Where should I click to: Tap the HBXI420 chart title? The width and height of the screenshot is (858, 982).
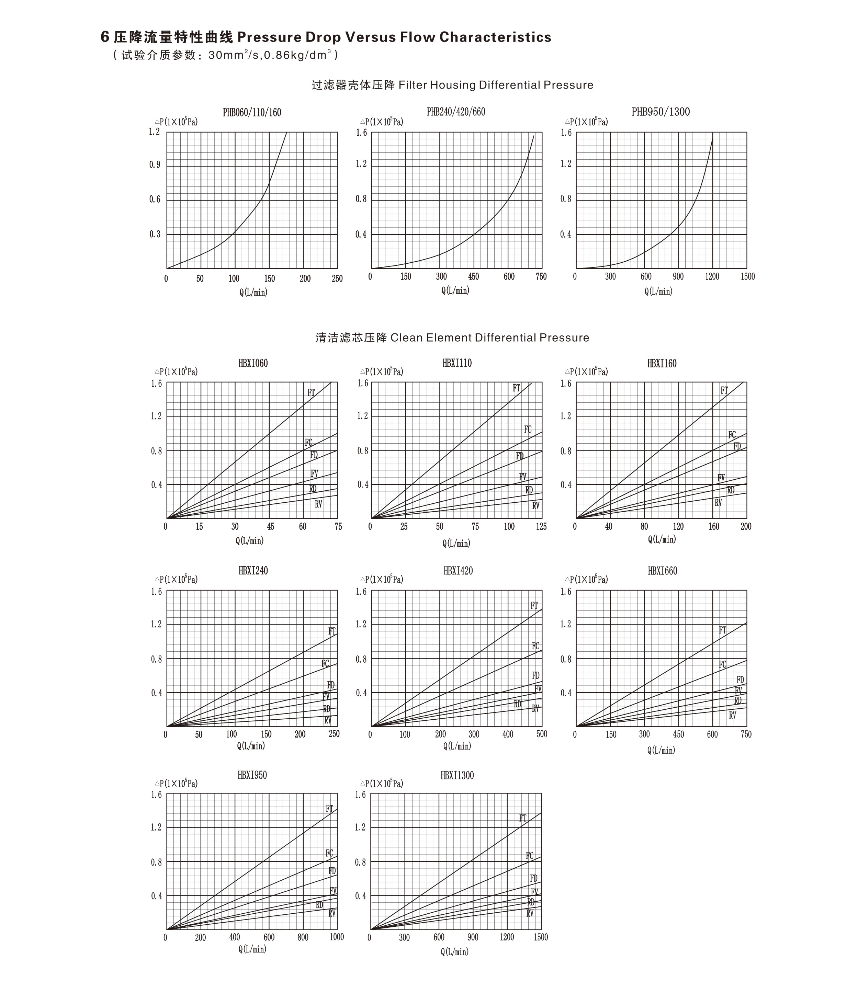[458, 571]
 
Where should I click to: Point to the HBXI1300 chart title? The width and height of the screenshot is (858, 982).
[457, 775]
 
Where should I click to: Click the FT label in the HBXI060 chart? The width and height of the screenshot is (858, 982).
[311, 392]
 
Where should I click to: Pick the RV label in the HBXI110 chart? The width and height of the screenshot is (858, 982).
[536, 505]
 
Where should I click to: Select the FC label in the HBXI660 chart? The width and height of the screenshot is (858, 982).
[723, 664]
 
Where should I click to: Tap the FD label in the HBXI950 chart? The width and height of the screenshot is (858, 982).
[332, 871]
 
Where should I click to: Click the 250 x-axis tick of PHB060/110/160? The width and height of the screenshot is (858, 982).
[337, 279]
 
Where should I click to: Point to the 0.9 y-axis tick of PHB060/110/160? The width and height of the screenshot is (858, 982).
[155, 165]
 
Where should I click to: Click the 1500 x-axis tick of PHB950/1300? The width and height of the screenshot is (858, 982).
[747, 277]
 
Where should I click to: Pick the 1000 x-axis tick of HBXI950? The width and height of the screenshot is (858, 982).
[337, 937]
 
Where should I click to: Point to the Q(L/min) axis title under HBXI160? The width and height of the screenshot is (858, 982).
[662, 539]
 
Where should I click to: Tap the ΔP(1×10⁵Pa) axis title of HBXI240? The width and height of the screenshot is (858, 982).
[176, 580]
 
